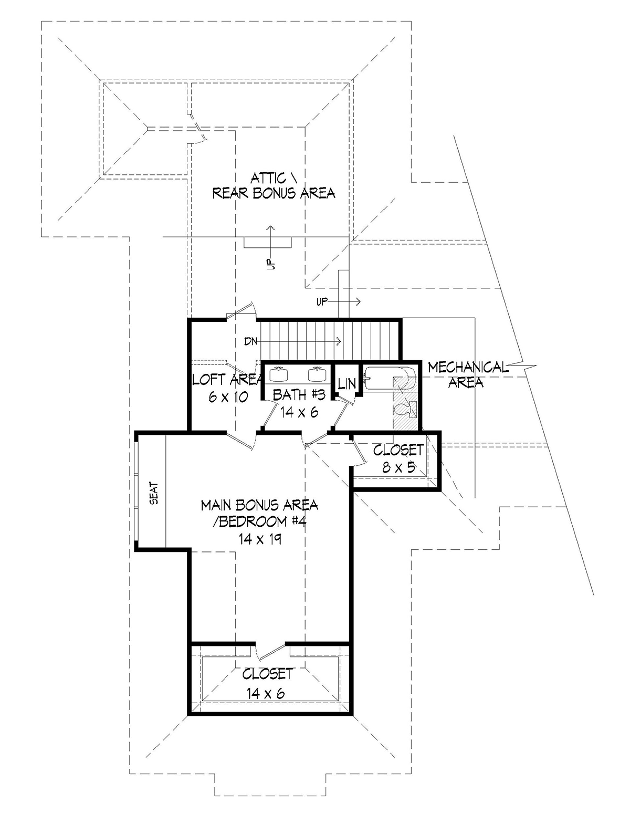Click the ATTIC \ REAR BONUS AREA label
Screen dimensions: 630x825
[x=274, y=186]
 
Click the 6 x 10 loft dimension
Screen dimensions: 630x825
[x=228, y=397]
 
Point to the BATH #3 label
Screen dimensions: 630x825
[x=299, y=395]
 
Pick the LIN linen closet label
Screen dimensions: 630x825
[x=346, y=384]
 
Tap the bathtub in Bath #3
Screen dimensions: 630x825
[x=390, y=378]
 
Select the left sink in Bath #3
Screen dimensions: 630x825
[x=278, y=374]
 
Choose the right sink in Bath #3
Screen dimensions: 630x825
[x=317, y=374]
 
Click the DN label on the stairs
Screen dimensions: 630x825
[x=251, y=341]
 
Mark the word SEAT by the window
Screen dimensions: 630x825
[x=154, y=493]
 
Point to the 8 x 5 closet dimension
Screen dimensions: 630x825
[x=398, y=467]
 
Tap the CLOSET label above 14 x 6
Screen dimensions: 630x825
[x=267, y=674]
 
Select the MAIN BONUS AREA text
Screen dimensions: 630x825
[x=259, y=505]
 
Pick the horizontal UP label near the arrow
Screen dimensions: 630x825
[x=322, y=302]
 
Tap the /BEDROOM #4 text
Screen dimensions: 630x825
[x=260, y=523]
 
